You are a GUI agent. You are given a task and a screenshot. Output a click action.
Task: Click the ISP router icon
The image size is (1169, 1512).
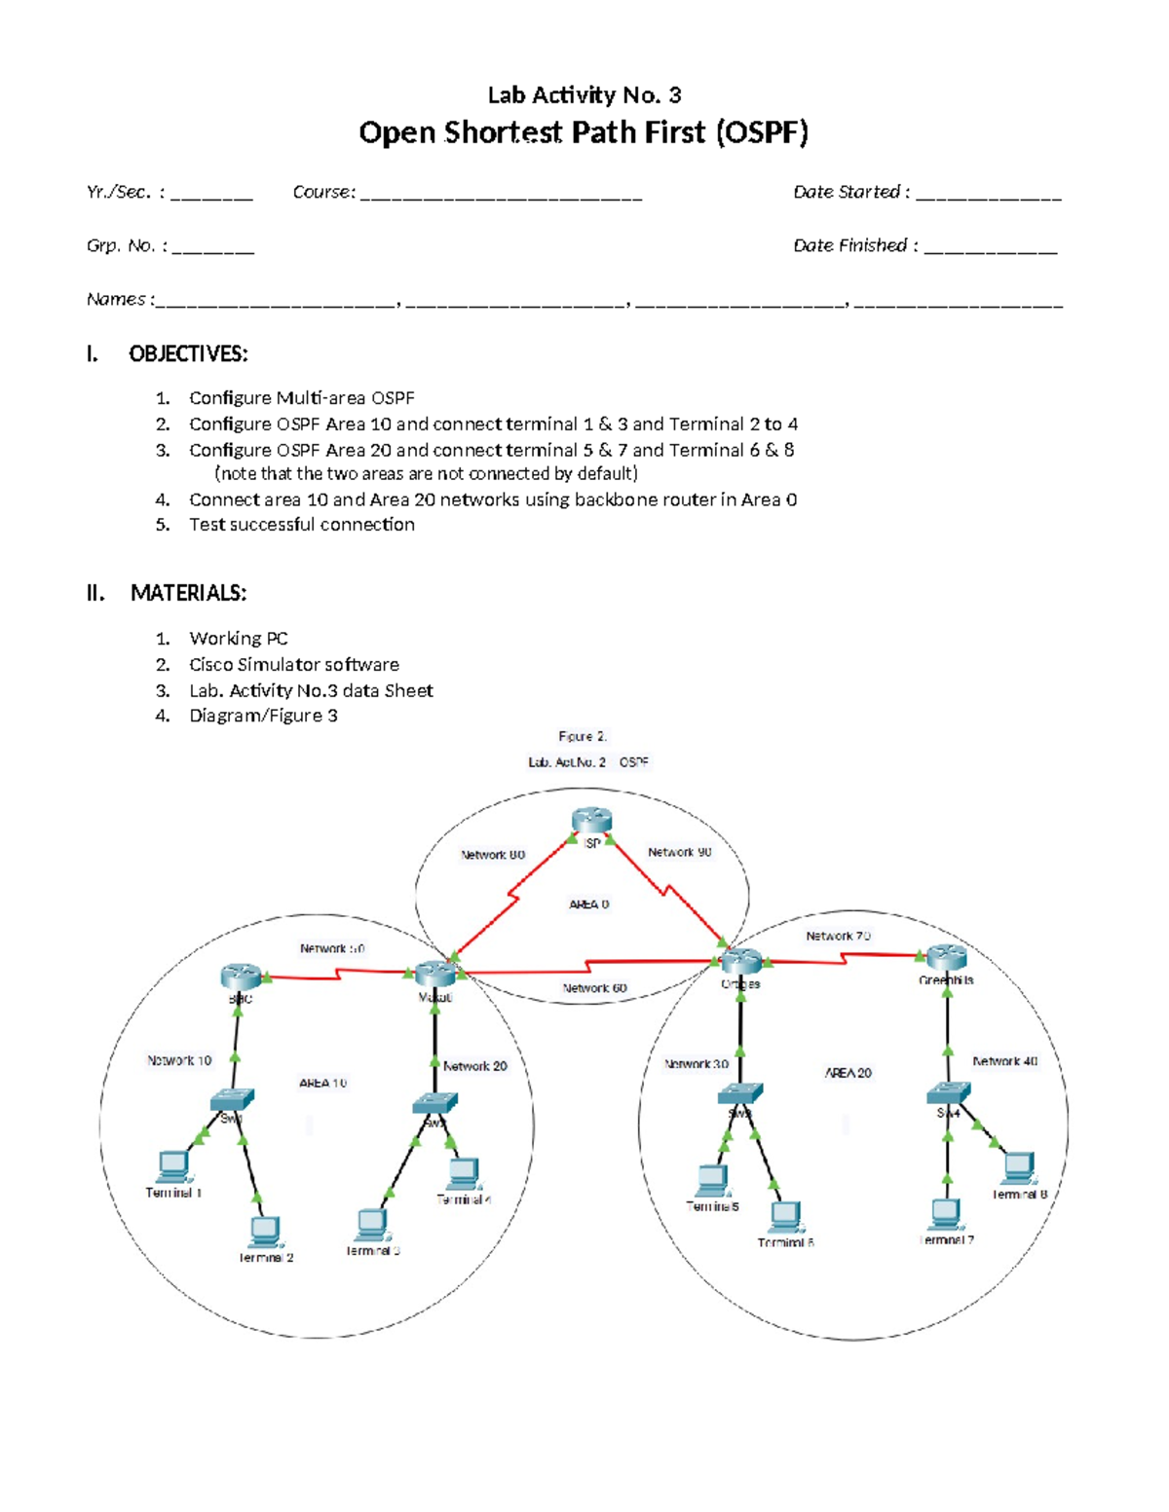[x=591, y=821]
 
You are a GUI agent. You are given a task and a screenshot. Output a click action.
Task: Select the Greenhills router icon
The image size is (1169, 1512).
[x=946, y=957]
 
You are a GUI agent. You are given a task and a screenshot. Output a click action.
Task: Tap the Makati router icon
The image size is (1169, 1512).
[x=434, y=973]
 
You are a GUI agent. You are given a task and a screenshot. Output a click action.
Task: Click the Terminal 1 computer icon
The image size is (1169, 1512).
[x=173, y=1166]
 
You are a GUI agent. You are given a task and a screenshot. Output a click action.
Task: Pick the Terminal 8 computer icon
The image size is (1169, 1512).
[x=1018, y=1167]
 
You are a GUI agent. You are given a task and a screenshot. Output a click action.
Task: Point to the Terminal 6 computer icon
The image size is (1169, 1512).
[x=786, y=1217]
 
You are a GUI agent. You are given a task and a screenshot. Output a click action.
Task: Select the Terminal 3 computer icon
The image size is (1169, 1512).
[x=372, y=1225]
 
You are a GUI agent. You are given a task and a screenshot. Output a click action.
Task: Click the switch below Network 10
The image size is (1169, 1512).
[x=232, y=1100]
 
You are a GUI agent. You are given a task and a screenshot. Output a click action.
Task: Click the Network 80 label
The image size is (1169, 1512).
[x=493, y=855]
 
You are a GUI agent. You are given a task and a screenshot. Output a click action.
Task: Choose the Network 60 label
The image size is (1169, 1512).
[x=594, y=988]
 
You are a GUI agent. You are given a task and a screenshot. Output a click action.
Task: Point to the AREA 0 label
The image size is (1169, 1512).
[x=588, y=904]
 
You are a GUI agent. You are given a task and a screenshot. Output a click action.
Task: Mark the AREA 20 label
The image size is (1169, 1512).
[x=848, y=1073]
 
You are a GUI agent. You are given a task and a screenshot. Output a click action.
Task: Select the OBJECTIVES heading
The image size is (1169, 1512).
[x=188, y=354]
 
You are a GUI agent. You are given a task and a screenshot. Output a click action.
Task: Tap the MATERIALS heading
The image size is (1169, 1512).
[x=188, y=593]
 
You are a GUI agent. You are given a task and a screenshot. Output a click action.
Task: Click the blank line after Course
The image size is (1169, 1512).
[x=501, y=195]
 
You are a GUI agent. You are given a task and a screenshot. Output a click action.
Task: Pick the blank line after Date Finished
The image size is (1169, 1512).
[x=990, y=248]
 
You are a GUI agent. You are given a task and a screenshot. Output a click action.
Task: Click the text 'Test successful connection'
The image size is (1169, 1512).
[x=302, y=525]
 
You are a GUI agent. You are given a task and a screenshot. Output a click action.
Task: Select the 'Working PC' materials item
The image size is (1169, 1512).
[x=239, y=639]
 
